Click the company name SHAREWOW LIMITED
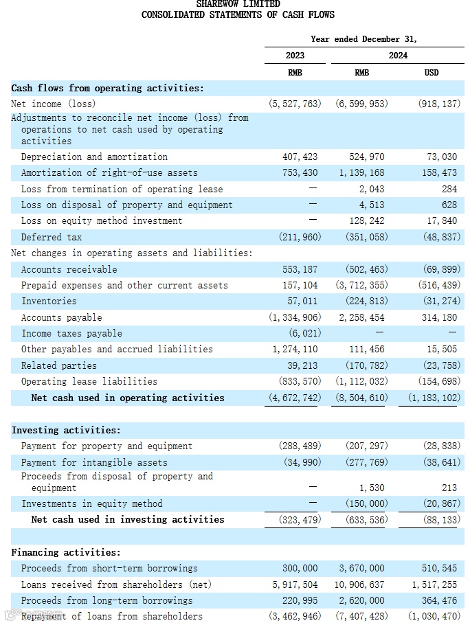pyautogui.click(x=238, y=4)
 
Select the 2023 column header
pyautogui.click(x=295, y=56)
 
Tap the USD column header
pyautogui.click(x=431, y=72)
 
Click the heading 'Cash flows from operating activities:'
pyautogui.click(x=108, y=88)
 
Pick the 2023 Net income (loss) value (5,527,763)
pyautogui.click(x=294, y=104)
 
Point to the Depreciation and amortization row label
pyautogui.click(x=94, y=157)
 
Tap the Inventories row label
pyautogui.click(x=49, y=301)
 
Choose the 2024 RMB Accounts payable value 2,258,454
pyautogui.click(x=361, y=317)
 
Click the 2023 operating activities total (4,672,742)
pyautogui.click(x=294, y=398)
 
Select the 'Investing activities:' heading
pyautogui.click(x=66, y=430)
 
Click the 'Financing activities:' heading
pyautogui.click(x=66, y=552)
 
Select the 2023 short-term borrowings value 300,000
pyautogui.click(x=300, y=568)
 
